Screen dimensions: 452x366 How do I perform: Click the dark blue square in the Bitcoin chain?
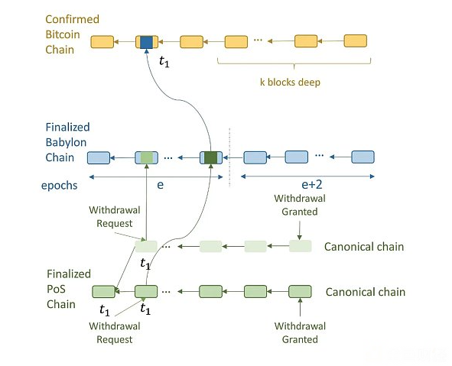coord(146,42)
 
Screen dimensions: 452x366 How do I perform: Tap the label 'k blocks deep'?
coord(290,83)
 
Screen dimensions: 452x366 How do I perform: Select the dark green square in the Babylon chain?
coord(211,158)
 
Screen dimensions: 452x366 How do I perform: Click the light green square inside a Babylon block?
coord(146,158)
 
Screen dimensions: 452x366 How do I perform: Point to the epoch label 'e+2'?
coord(311,184)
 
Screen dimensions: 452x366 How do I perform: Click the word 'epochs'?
coord(60,186)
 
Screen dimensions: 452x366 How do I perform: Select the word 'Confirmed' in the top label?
coord(73,19)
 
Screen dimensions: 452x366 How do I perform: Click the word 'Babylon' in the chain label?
coord(66,142)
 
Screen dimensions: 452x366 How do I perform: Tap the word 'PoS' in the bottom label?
coord(56,289)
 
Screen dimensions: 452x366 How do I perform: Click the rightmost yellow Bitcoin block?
coord(356,41)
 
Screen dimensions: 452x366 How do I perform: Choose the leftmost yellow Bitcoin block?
coord(102,42)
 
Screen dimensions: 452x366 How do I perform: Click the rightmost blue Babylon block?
coord(363,157)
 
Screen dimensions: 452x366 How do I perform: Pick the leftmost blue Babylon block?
coord(99,158)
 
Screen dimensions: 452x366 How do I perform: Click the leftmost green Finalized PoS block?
coord(103,291)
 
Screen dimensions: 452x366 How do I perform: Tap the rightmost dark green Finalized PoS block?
coord(300,291)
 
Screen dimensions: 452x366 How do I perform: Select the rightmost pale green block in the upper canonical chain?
coord(301,246)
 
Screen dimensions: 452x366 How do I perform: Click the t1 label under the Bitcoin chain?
coord(164,62)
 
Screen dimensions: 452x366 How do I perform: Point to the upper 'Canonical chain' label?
coord(364,247)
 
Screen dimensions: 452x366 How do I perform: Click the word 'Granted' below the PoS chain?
coord(300,339)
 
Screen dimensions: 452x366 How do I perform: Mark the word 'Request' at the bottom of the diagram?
coord(115,339)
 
